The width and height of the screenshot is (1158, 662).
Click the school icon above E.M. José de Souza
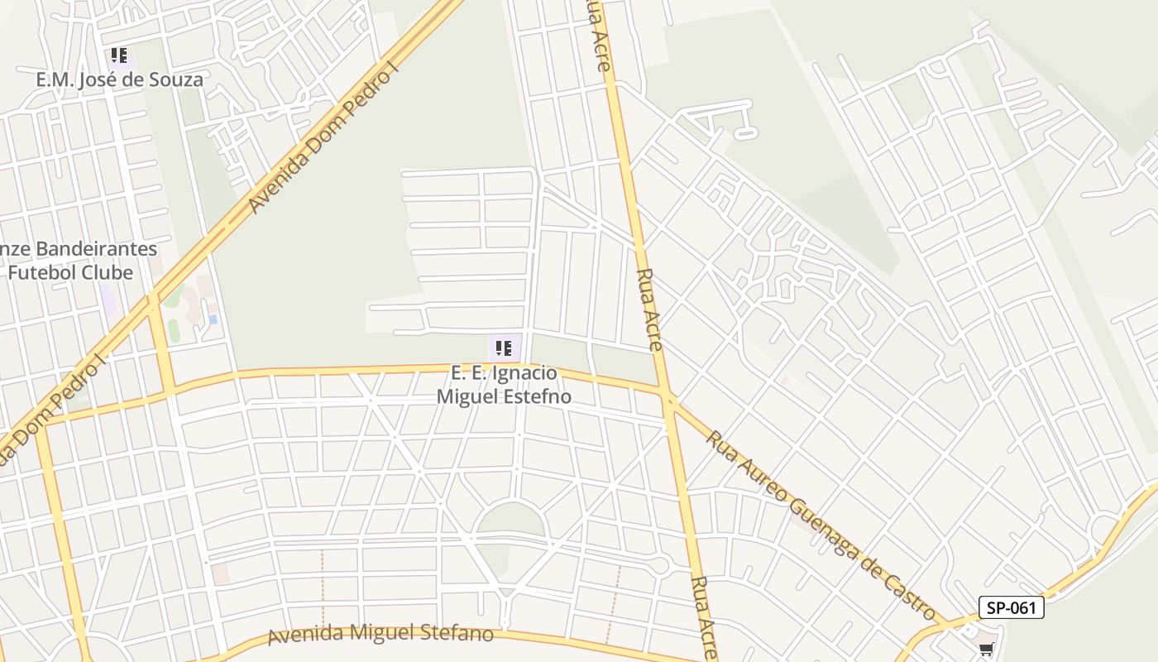tap(119, 56)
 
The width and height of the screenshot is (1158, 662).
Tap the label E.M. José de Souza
tap(119, 80)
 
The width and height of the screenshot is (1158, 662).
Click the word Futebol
tap(53, 272)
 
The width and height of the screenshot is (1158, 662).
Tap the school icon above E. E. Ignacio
tap(504, 348)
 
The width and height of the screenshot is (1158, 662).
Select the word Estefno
tap(538, 396)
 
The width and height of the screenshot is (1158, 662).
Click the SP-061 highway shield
tap(1011, 607)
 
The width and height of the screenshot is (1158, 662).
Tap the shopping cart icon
tap(986, 650)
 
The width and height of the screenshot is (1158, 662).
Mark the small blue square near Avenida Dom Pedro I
tap(213, 319)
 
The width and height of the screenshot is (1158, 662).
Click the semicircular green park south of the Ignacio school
tap(510, 521)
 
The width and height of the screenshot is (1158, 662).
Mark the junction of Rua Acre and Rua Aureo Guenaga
tap(668, 400)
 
